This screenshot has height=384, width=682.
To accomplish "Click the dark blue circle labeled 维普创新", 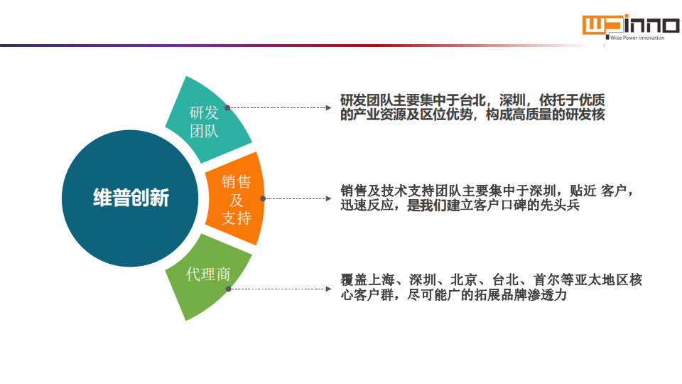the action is pyautogui.click(x=130, y=198).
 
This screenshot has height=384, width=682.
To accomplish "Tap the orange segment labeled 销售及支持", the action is pyautogui.click(x=236, y=199).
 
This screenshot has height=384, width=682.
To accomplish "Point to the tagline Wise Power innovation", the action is pyautogui.click(x=637, y=38).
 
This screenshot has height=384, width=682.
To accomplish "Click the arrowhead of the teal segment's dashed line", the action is pyautogui.click(x=329, y=107).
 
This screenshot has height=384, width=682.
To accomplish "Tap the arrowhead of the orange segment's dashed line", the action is pyautogui.click(x=329, y=198).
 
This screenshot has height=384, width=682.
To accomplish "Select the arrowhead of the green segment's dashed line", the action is pyautogui.click(x=329, y=289).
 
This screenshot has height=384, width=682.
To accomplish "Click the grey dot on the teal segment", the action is pyautogui.click(x=227, y=107).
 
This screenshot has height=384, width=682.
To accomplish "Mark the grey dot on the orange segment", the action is pyautogui.click(x=263, y=198).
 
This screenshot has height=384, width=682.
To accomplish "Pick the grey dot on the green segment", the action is pyautogui.click(x=228, y=289).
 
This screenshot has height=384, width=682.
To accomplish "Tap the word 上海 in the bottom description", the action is pyautogui.click(x=381, y=279).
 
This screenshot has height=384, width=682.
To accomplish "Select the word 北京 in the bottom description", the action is pyautogui.click(x=464, y=279).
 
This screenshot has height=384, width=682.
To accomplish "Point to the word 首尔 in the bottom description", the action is pyautogui.click(x=547, y=279).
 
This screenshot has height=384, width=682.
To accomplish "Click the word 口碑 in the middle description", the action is pyautogui.click(x=514, y=205).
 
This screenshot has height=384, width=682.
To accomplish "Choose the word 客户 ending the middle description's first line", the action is pyautogui.click(x=614, y=191).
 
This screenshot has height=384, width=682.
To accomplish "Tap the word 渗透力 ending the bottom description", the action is pyautogui.click(x=547, y=294).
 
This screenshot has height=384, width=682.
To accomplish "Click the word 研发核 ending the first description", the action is pyautogui.click(x=585, y=114).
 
